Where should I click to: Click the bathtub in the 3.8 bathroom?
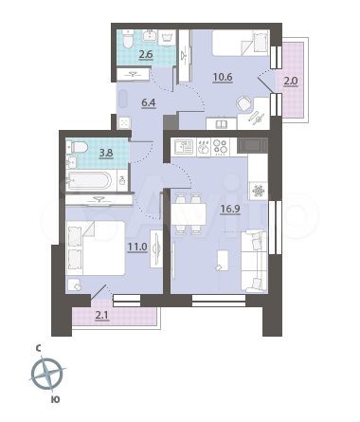coord(93,178)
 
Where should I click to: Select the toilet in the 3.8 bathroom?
coord(79,149)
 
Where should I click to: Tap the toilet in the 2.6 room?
coord(160,43)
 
